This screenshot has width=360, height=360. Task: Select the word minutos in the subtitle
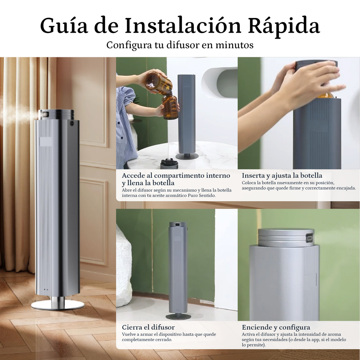[234, 45]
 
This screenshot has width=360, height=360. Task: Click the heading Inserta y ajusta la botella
[282, 176]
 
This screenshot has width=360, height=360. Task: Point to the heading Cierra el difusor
[148, 327]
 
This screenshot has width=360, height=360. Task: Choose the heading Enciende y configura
[276, 327]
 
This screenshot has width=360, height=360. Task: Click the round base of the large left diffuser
[58, 305]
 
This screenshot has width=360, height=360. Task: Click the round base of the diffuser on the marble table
[187, 156]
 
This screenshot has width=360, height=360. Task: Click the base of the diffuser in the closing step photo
[178, 317]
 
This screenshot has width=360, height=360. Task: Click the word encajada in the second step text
[346, 188]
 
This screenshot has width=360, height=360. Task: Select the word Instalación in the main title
[183, 25]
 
